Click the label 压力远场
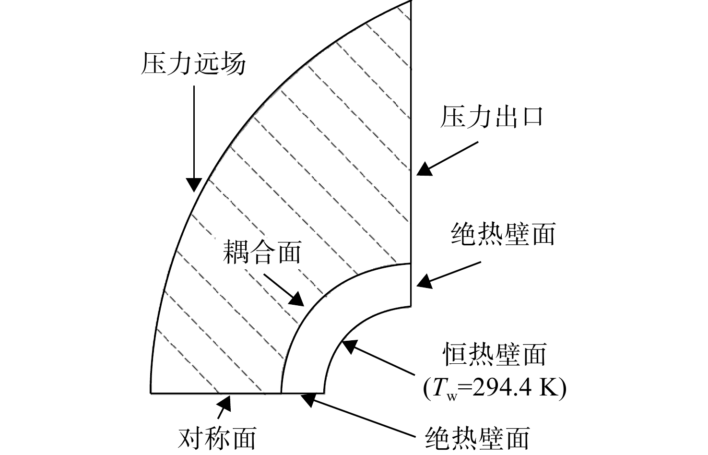pos(193,63)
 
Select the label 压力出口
pos(492,117)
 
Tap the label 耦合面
pos(262,252)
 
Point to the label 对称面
pos(217,439)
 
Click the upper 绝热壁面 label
pos(503,234)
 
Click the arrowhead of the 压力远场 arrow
pos(194,185)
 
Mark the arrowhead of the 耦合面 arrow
pos(296,299)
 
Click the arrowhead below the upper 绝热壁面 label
pos(424,281)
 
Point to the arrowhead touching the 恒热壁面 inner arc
pos(350,347)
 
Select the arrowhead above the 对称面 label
pos(224,403)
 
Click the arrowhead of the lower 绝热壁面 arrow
pos(308,400)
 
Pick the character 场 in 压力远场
pos(234,63)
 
